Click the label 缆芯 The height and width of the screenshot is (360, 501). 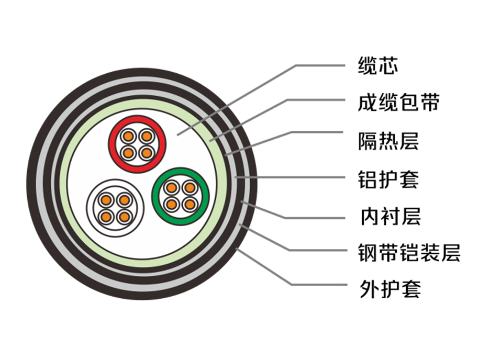click(x=378, y=66)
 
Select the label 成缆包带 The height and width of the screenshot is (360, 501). click(x=399, y=103)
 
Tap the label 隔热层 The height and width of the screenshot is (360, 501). click(x=388, y=141)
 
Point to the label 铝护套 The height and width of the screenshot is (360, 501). click(x=388, y=179)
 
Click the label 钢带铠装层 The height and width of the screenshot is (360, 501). click(x=409, y=253)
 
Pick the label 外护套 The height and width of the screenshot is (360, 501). click(x=391, y=289)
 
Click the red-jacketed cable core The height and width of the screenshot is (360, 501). click(x=137, y=144)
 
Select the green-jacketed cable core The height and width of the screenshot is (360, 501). click(x=181, y=196)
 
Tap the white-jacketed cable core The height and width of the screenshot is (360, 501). click(x=115, y=208)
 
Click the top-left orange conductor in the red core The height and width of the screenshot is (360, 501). click(x=128, y=137)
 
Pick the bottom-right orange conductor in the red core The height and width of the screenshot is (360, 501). click(x=147, y=153)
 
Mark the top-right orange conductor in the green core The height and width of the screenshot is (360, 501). click(x=190, y=188)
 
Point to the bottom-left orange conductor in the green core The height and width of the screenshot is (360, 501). click(x=172, y=204)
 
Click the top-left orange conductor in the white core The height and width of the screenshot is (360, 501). click(x=106, y=200)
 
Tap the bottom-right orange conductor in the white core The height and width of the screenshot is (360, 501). click(x=124, y=217)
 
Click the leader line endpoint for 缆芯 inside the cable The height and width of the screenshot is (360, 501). click(x=177, y=135)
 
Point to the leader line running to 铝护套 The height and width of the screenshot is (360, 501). click(x=290, y=177)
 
